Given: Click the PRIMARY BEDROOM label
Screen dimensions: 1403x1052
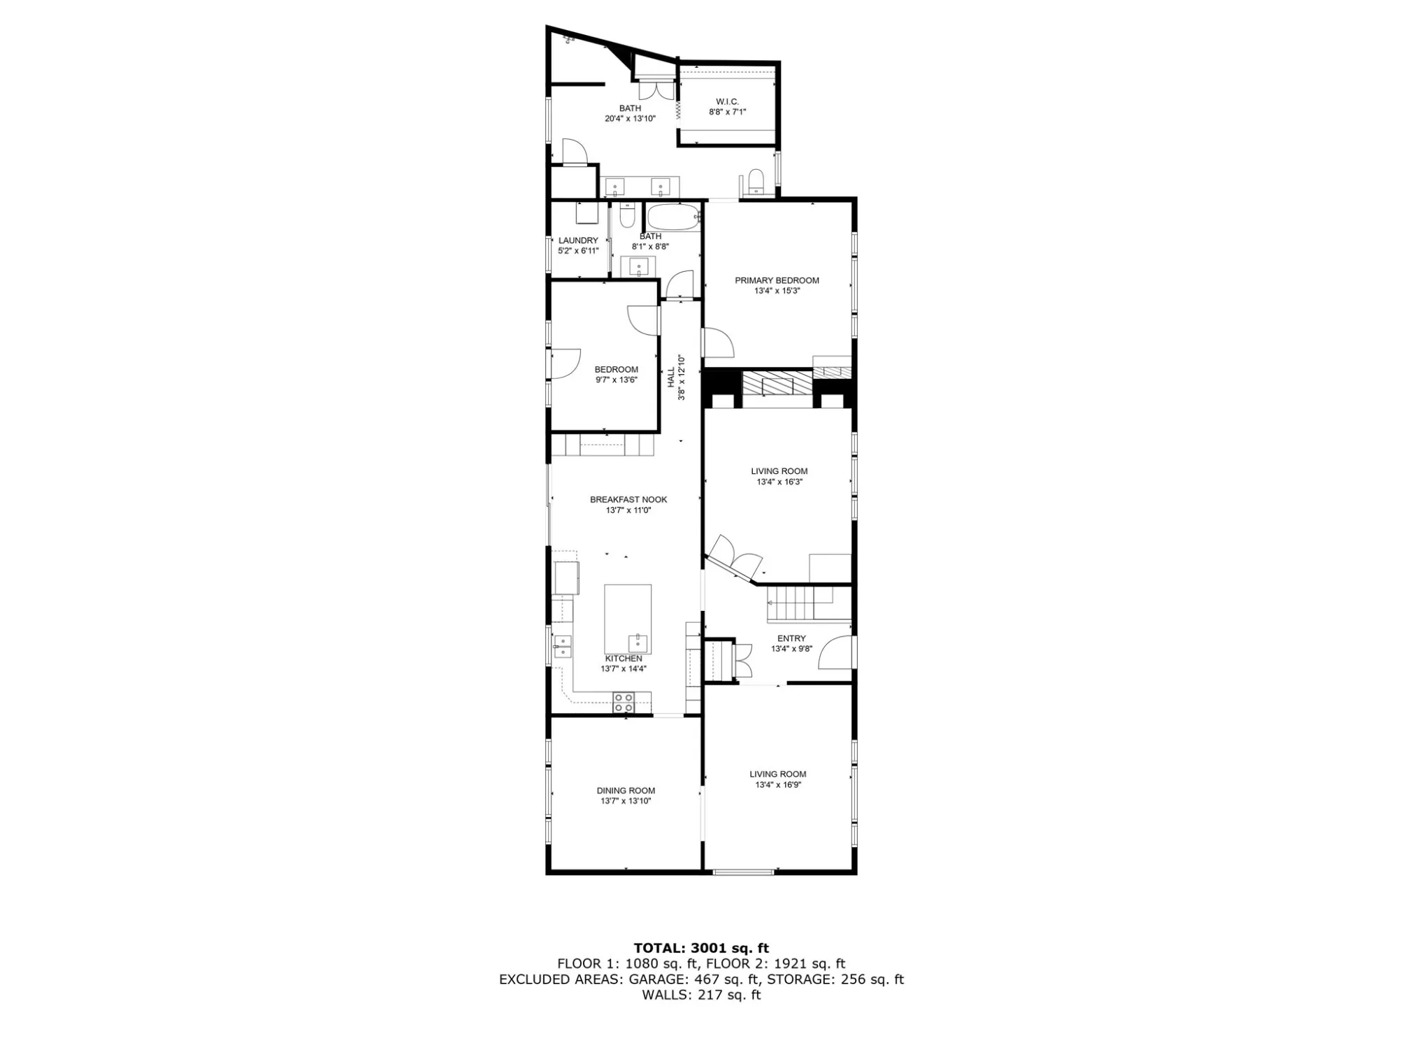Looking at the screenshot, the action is [x=777, y=280].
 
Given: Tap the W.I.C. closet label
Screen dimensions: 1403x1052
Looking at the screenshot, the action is [x=727, y=102].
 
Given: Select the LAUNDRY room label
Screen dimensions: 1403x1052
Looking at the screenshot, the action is [x=578, y=240].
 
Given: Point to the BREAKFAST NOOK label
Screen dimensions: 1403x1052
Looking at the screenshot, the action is [x=628, y=500].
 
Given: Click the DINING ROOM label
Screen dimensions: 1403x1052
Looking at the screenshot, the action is [x=626, y=791].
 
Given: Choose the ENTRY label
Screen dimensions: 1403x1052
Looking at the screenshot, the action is [x=791, y=638].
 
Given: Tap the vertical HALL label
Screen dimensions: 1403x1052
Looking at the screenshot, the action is [x=671, y=377].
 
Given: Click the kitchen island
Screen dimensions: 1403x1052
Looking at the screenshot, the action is [x=628, y=619].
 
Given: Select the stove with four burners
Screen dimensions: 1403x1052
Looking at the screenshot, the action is [x=624, y=702].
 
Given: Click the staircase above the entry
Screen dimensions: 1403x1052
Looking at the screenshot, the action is [x=801, y=604].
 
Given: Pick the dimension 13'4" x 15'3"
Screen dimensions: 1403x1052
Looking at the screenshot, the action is [x=777, y=291].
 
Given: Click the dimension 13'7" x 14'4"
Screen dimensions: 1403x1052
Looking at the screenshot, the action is [x=624, y=668].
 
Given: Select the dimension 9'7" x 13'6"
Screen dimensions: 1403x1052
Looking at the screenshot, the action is [x=617, y=380].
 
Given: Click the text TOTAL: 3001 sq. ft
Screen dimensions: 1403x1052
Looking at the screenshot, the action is [x=701, y=948].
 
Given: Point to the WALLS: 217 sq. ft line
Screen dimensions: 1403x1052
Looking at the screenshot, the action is [x=701, y=995].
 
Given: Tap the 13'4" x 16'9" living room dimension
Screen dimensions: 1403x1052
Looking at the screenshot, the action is [x=777, y=785].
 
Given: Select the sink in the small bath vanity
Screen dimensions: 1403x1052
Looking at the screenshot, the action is [x=638, y=266].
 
